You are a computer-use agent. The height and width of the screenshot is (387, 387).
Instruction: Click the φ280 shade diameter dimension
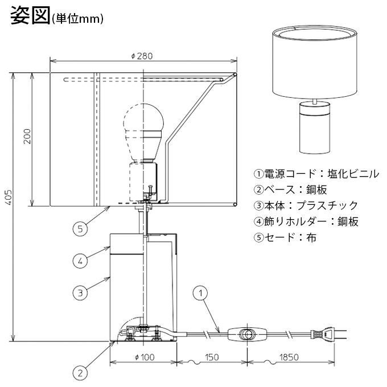pos(142,56)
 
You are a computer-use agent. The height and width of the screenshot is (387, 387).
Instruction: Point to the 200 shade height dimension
pos(27,137)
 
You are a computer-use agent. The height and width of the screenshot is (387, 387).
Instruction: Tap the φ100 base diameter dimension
pos(145,357)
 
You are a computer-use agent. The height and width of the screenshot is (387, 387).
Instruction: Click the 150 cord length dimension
pos(212,357)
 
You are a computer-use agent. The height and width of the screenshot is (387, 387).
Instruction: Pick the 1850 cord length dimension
pos(289,357)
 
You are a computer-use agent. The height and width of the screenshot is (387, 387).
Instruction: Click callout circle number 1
pos(200,293)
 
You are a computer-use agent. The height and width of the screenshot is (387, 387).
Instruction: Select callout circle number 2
pos(80,373)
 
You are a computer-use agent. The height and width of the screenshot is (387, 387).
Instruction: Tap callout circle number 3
pos(80,293)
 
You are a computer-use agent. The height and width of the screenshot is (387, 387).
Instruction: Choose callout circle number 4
pos(80,261)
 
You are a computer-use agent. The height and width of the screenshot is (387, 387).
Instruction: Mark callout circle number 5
pos(80,229)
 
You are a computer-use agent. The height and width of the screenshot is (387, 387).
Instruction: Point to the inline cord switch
pos(248,334)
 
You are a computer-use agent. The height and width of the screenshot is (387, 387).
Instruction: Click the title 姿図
pos(30,15)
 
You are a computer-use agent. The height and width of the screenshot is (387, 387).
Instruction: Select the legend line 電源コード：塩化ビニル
pos(316,174)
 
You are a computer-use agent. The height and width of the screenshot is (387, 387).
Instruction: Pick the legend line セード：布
pos(285,237)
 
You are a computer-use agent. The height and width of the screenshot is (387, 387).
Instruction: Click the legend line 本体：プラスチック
pos(306,205)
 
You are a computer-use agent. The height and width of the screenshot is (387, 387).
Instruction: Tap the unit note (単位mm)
pos(77,19)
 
